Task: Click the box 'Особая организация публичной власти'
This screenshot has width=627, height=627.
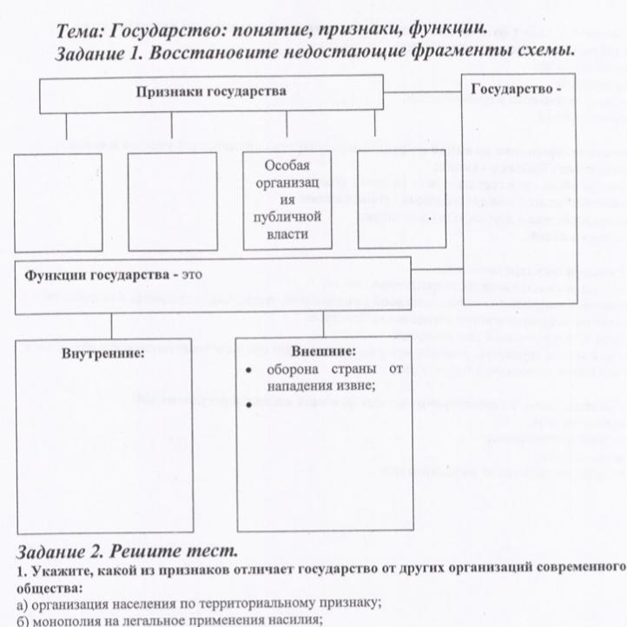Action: tap(287, 200)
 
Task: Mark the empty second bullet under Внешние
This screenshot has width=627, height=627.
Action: tap(248, 405)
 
